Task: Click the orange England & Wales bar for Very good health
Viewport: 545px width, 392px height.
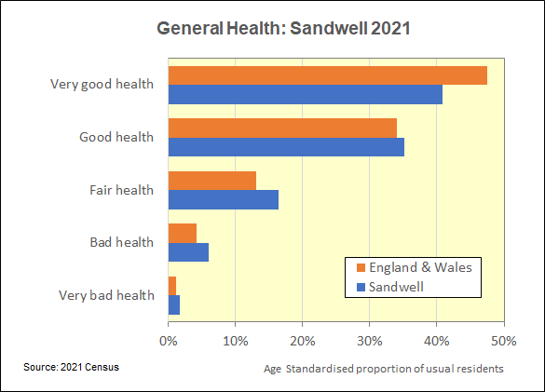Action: [328, 75]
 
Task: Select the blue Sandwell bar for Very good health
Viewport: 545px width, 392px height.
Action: [306, 95]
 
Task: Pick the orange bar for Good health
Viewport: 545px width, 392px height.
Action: [282, 128]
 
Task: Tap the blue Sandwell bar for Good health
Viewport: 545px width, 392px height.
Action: [286, 147]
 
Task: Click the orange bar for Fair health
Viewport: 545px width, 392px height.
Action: [212, 181]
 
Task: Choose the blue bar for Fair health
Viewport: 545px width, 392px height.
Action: [224, 200]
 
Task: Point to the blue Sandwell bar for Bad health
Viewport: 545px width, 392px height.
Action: [188, 252]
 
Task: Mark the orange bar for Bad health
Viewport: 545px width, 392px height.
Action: [183, 233]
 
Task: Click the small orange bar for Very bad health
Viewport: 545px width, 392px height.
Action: [172, 286]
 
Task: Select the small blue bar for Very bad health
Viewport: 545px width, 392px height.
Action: [174, 305]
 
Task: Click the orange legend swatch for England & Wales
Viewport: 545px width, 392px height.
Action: [361, 267]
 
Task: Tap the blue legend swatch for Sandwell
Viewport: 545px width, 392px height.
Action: [361, 287]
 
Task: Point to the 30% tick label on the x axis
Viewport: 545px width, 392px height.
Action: [370, 342]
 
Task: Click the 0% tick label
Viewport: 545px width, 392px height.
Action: [169, 342]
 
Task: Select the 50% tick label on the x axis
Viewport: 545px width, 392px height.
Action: [504, 342]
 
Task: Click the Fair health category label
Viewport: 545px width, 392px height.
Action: [121, 190]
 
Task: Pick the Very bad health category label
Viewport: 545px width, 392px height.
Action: [106, 295]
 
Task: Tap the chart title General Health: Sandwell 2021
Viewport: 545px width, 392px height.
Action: [283, 28]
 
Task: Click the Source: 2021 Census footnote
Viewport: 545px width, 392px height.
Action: [71, 367]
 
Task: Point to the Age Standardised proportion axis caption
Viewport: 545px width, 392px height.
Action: [384, 369]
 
